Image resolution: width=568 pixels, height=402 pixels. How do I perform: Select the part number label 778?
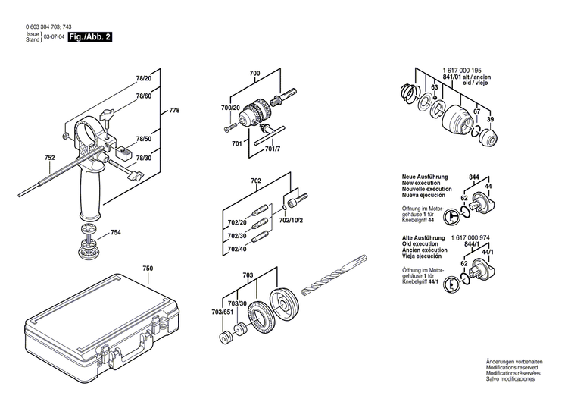point(174,111)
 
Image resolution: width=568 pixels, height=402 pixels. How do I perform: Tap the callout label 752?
point(49,158)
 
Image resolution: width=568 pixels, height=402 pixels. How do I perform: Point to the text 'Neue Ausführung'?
point(425,176)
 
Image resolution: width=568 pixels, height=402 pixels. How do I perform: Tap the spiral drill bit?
point(333,278)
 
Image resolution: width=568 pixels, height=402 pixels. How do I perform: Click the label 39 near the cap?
point(490,120)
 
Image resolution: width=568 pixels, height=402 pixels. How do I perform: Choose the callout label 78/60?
point(143,96)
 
